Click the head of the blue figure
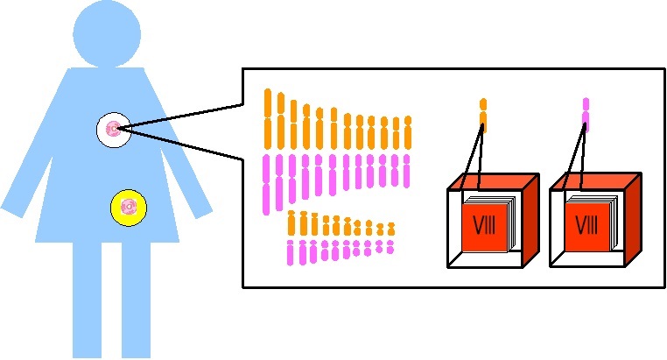(x=107, y=33)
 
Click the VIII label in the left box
(x=485, y=225)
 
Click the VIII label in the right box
(x=586, y=225)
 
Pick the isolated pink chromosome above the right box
(x=586, y=113)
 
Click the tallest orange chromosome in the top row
(x=268, y=119)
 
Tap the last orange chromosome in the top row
(x=408, y=132)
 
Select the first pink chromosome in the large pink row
(x=267, y=185)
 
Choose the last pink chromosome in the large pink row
(x=406, y=171)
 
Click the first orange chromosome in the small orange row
(x=291, y=222)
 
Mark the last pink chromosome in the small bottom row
(x=390, y=247)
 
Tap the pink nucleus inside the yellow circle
(x=129, y=208)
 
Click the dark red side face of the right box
(x=634, y=218)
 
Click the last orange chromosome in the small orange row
(x=391, y=229)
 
